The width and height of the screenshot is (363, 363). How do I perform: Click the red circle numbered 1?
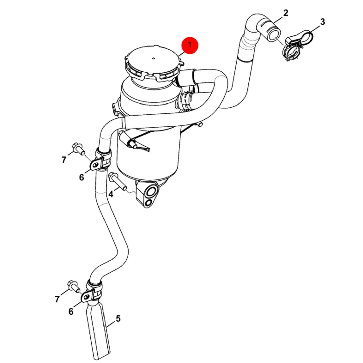[190, 45]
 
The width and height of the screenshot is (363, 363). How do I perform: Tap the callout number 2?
[286, 13]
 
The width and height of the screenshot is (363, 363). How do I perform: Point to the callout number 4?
[111, 194]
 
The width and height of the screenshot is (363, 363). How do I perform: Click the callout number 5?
[118, 318]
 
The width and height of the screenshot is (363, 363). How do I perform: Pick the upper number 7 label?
[64, 160]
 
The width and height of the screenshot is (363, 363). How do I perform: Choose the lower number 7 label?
[57, 299]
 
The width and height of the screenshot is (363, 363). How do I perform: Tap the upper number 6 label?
[81, 177]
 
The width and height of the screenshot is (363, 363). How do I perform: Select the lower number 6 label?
[71, 317]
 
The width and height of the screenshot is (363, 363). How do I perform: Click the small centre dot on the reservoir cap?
[154, 58]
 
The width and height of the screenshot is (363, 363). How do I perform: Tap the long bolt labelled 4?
[118, 182]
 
